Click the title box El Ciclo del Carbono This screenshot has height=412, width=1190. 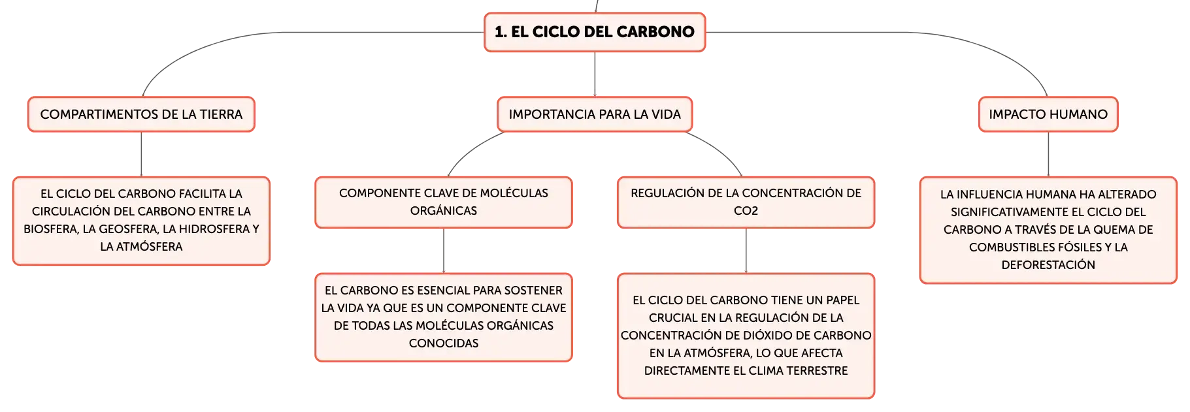[x=595, y=32]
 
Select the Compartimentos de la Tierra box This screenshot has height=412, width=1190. [x=141, y=114]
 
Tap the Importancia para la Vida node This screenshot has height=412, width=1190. [x=595, y=114]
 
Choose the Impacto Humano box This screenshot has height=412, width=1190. [x=1048, y=114]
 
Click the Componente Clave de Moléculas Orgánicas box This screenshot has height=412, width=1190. [x=444, y=202]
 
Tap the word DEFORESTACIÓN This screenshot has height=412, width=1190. [x=1048, y=265]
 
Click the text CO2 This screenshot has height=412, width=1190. [x=746, y=211]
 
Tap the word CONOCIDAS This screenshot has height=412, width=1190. [x=444, y=343]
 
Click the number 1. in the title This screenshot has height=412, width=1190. [x=501, y=32]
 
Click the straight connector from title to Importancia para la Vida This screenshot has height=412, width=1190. [x=595, y=74]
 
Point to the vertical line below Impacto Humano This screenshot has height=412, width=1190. [x=1048, y=154]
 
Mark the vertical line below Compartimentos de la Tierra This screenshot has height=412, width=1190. [x=141, y=154]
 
